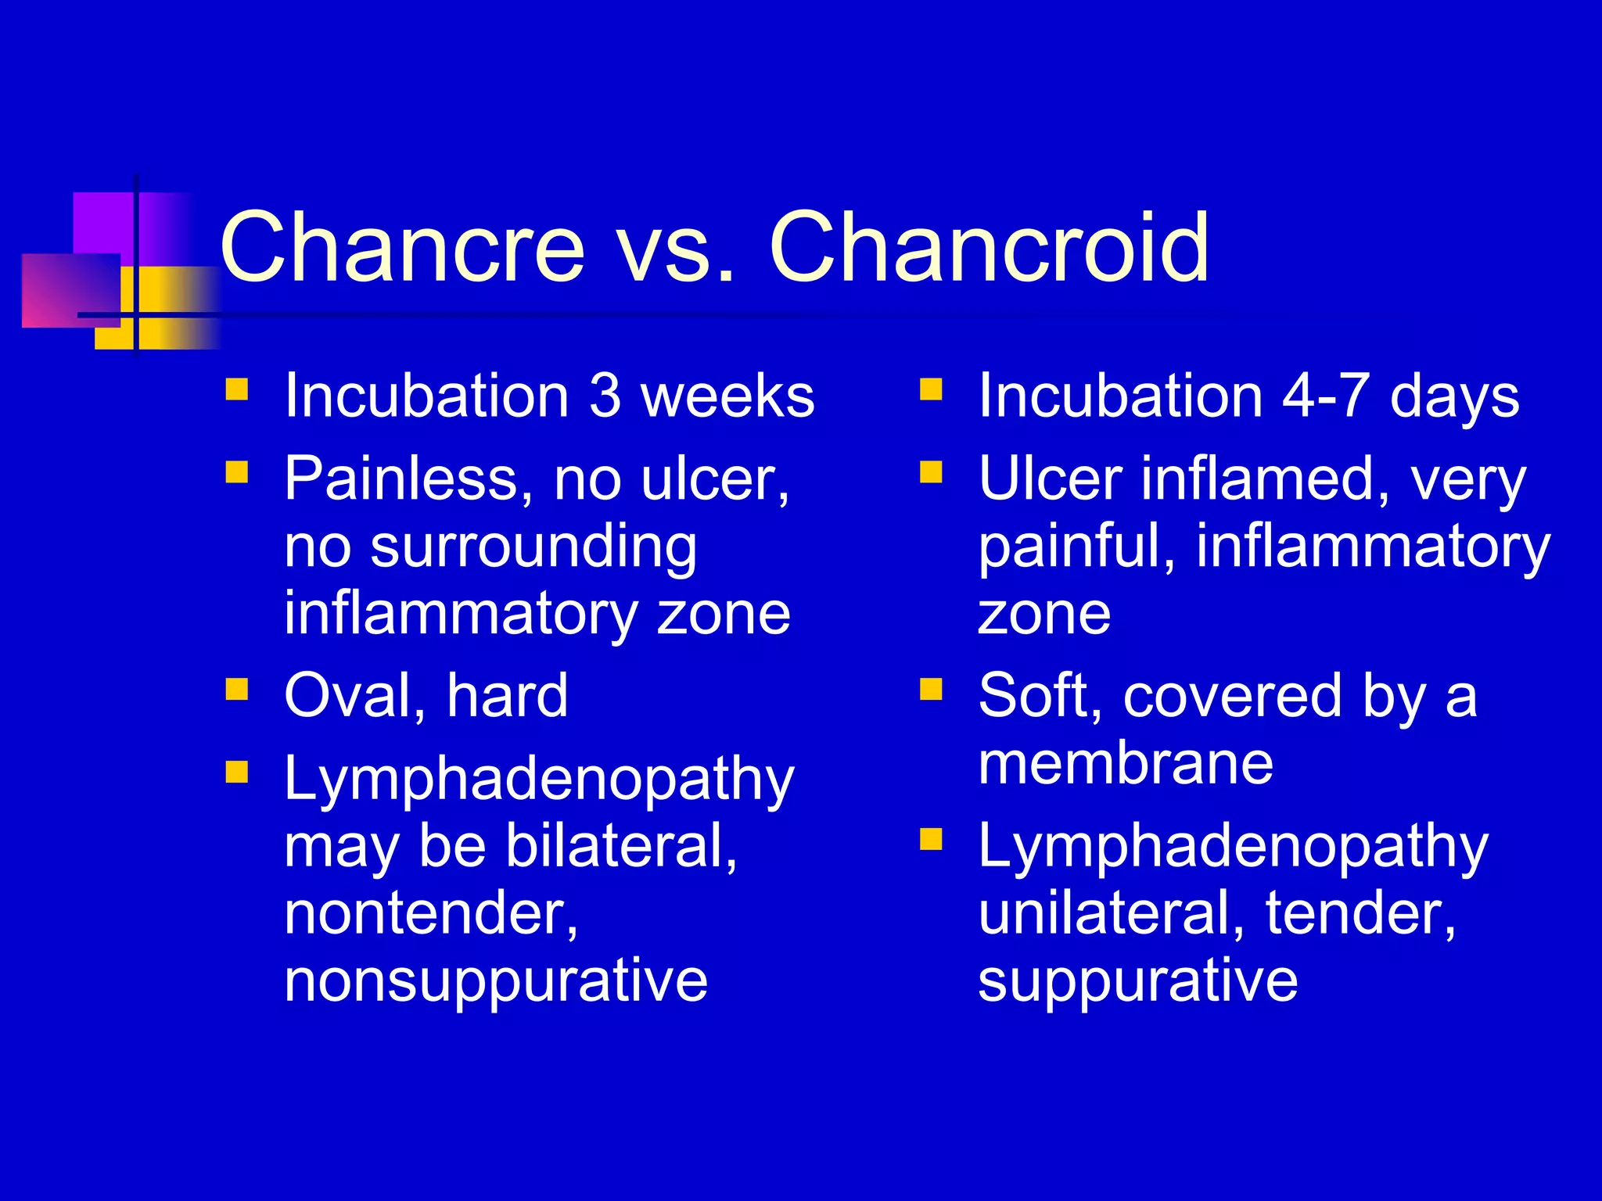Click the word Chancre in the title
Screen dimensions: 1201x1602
tap(402, 248)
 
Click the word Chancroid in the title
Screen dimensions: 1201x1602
tap(990, 248)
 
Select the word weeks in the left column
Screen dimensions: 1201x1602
tap(727, 396)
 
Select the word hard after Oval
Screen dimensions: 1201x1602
tap(507, 696)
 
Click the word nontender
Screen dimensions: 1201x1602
tap(431, 913)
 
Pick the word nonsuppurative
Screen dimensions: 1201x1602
tap(496, 981)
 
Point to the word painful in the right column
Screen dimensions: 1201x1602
tap(1076, 547)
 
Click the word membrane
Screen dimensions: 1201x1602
tap(1126, 763)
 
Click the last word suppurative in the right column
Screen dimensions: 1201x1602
tap(1138, 981)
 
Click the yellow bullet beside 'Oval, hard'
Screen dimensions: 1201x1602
tap(236, 690)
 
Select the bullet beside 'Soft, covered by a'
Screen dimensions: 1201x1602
tap(931, 690)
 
